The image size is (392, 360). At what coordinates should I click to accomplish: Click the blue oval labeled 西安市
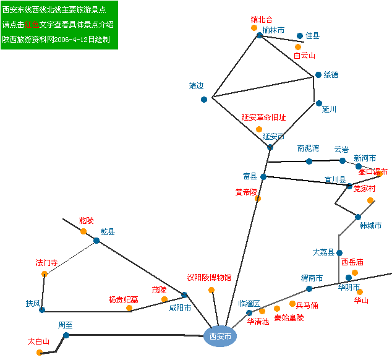(x=220, y=336)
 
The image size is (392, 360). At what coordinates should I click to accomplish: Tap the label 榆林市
(x=273, y=30)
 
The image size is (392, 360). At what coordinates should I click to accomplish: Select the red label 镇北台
(x=261, y=20)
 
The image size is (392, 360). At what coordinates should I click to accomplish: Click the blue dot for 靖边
(x=204, y=99)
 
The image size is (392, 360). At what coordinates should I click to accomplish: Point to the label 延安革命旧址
(x=263, y=118)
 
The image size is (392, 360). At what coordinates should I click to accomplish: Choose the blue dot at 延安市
(x=270, y=147)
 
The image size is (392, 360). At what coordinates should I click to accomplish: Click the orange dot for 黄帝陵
(x=258, y=199)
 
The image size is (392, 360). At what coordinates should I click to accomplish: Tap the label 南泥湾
(x=308, y=148)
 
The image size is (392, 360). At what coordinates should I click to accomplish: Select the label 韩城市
(x=370, y=225)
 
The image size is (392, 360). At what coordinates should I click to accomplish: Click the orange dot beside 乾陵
(x=83, y=231)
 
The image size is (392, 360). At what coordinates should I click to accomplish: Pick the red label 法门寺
(x=46, y=263)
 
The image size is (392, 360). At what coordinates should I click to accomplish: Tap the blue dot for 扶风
(x=42, y=310)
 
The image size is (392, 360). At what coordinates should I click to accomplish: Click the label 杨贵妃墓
(x=124, y=299)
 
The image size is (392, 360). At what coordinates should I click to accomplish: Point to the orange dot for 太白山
(x=40, y=353)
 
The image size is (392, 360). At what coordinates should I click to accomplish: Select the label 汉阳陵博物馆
(x=209, y=278)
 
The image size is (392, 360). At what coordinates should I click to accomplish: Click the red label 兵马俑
(x=307, y=305)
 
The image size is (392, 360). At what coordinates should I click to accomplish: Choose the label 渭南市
(x=312, y=278)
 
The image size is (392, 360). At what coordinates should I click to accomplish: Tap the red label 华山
(x=360, y=301)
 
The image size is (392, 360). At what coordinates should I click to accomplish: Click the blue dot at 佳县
(x=300, y=36)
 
